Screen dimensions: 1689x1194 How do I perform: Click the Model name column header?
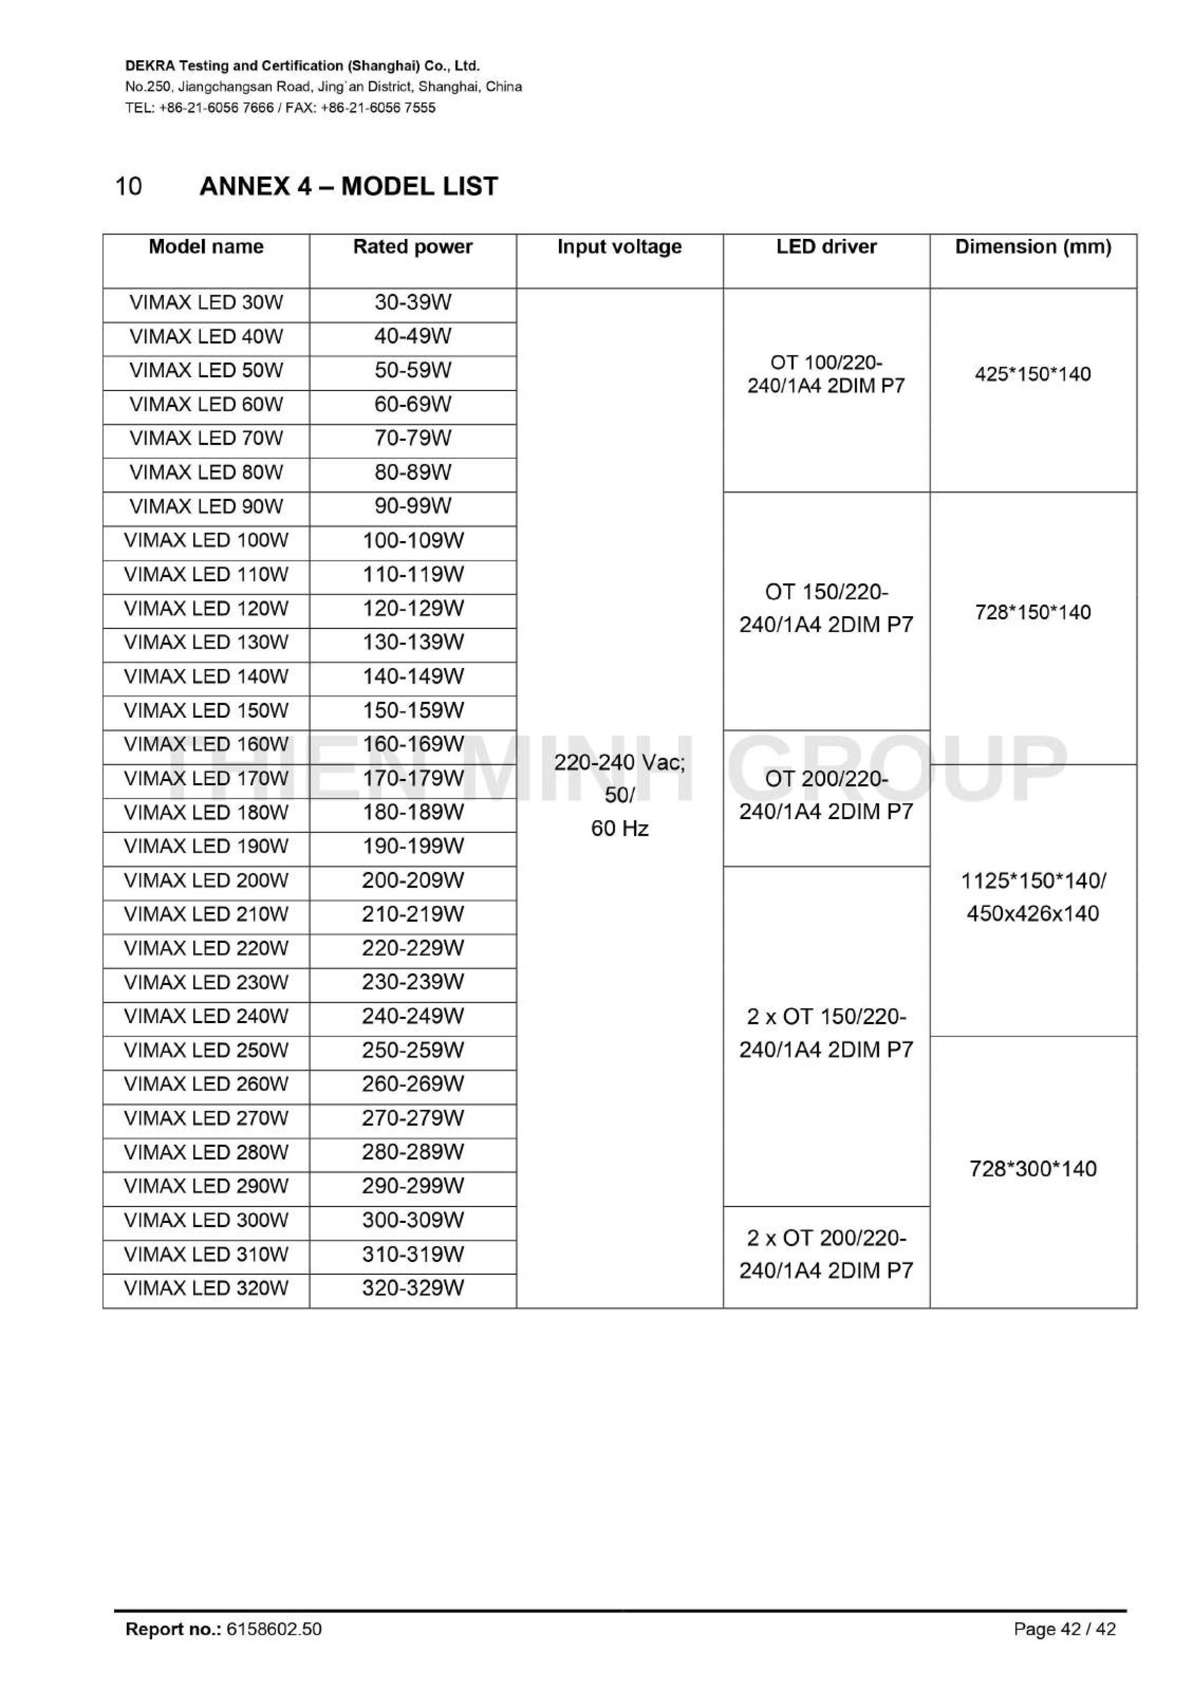coord(206,247)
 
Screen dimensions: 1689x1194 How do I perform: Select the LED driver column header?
coord(826,247)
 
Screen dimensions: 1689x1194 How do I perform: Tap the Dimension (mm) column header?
coord(1033,247)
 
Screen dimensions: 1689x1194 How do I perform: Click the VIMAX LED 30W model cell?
coord(206,303)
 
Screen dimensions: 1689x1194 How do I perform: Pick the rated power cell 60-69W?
coord(413,405)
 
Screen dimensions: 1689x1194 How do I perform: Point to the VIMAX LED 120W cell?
coord(206,609)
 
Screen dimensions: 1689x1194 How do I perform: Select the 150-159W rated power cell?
coord(413,711)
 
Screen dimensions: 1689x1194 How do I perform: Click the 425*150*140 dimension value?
coord(1033,374)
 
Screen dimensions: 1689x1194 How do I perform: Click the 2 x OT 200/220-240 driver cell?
coord(826,1254)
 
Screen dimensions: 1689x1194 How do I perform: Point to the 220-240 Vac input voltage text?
coord(619,763)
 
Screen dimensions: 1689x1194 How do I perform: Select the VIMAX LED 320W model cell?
coord(206,1288)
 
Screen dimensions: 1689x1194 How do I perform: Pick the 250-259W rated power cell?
coord(413,1050)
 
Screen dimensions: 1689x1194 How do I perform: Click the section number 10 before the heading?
coord(129,186)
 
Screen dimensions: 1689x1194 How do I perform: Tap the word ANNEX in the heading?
coord(245,186)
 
